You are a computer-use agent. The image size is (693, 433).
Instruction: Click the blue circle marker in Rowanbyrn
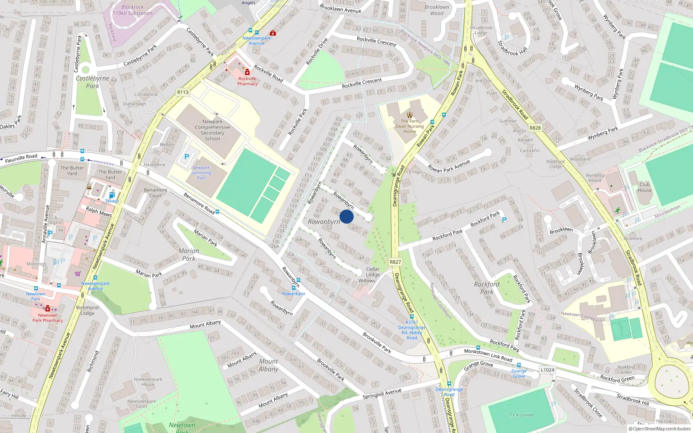click(346, 216)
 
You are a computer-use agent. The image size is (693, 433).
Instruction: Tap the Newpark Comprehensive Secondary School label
click(212, 130)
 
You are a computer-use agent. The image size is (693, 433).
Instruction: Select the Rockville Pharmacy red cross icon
click(247, 72)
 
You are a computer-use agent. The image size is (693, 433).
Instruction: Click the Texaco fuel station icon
click(112, 195)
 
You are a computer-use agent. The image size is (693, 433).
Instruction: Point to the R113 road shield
click(183, 92)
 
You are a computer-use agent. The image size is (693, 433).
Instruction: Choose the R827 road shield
click(395, 262)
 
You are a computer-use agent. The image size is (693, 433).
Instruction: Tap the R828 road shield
click(535, 128)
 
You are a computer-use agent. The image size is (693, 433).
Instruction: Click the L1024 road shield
click(547, 370)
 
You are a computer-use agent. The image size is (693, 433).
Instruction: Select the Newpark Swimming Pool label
click(201, 173)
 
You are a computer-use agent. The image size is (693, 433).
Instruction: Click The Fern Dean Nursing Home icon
click(410, 115)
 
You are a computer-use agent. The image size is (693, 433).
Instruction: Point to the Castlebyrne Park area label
click(92, 82)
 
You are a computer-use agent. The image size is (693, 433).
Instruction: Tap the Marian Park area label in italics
click(189, 255)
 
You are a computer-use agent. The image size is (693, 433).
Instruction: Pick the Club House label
click(644, 187)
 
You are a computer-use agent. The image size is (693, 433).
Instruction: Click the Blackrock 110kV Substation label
click(133, 10)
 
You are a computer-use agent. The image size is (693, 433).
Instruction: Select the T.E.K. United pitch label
click(521, 415)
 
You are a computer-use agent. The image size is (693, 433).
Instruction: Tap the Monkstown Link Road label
click(488, 355)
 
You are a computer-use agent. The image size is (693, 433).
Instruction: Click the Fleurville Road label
click(21, 158)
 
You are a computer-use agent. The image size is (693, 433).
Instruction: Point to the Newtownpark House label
click(148, 381)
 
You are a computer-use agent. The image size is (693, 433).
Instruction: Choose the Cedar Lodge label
click(372, 272)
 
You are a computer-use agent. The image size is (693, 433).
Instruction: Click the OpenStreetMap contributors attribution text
click(660, 429)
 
